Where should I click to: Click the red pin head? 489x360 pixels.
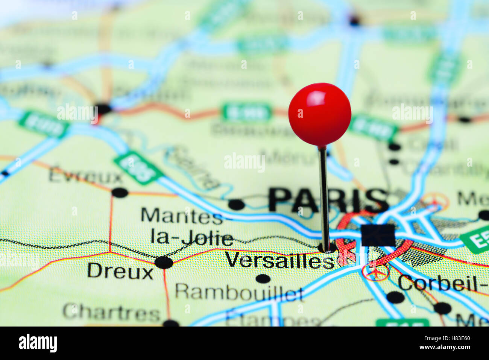coord(320,114)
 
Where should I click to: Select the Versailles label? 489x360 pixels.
coord(280,260)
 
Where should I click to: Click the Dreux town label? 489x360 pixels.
coord(120,271)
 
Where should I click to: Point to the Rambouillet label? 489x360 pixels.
coord(239,292)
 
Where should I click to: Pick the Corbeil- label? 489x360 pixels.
coord(442,283)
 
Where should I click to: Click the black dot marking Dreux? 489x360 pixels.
coord(164,262)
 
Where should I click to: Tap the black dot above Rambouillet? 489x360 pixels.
coord(263,279)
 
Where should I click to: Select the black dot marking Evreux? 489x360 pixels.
coord(120,193)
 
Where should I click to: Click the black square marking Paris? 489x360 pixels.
coord(378,235)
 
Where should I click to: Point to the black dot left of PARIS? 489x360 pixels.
coord(236,205)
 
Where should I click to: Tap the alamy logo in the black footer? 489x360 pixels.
coord(38,343)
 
